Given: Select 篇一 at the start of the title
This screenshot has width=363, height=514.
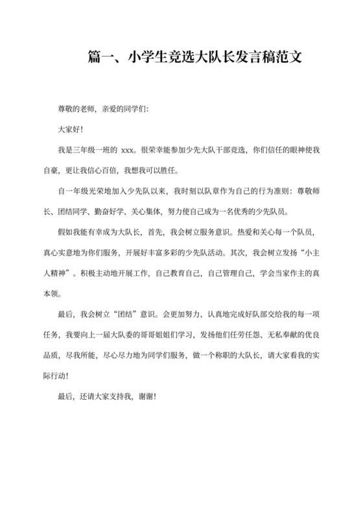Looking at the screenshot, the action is point(99,59).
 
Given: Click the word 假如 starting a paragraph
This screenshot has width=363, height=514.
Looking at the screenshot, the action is point(66,234).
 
